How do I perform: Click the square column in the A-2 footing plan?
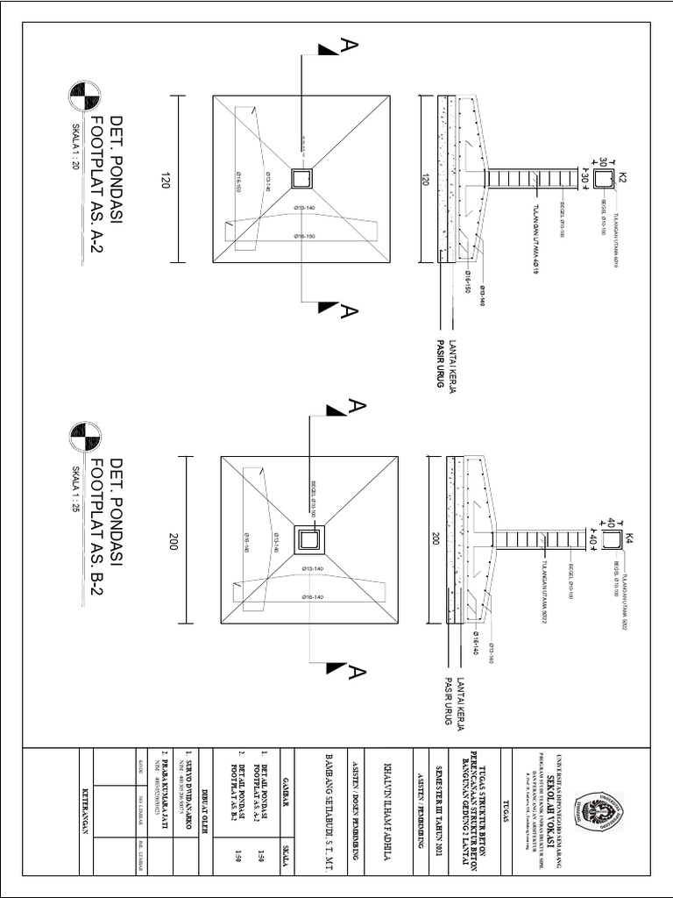coord(302,179)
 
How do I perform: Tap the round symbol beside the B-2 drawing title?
coord(85,435)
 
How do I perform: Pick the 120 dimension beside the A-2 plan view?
coord(164,180)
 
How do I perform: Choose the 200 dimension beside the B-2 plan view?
coord(173,543)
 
